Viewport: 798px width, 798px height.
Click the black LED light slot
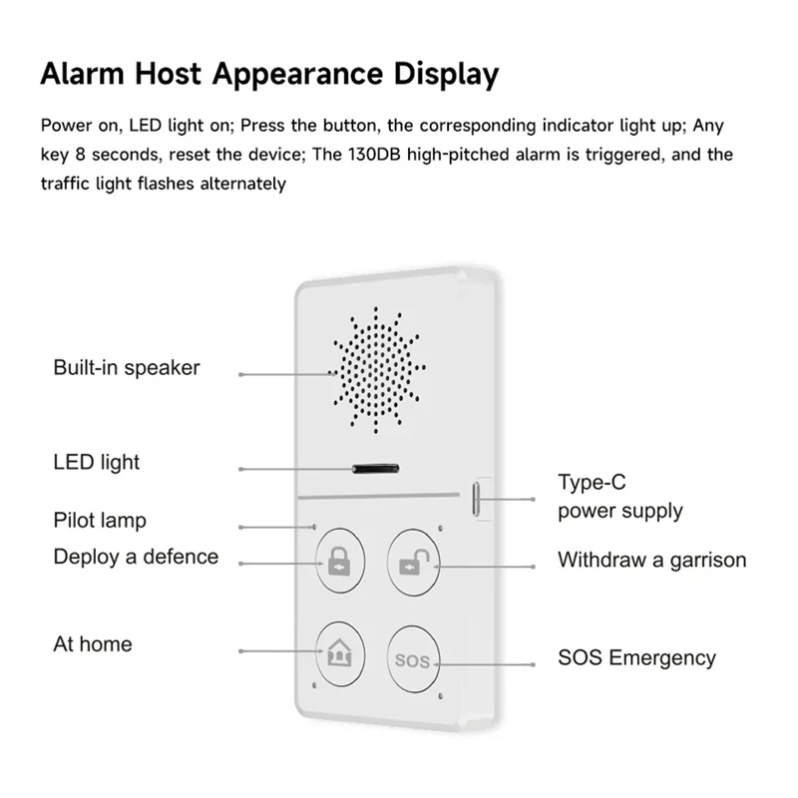(x=374, y=467)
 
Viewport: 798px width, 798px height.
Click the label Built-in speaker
(x=127, y=368)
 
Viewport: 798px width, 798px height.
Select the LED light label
(x=97, y=462)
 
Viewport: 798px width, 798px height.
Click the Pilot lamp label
(x=100, y=521)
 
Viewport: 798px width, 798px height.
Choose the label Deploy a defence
(x=136, y=557)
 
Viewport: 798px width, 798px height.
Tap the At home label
(x=93, y=644)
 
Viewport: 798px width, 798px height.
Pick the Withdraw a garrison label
(x=651, y=560)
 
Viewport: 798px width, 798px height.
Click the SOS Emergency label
(x=636, y=658)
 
